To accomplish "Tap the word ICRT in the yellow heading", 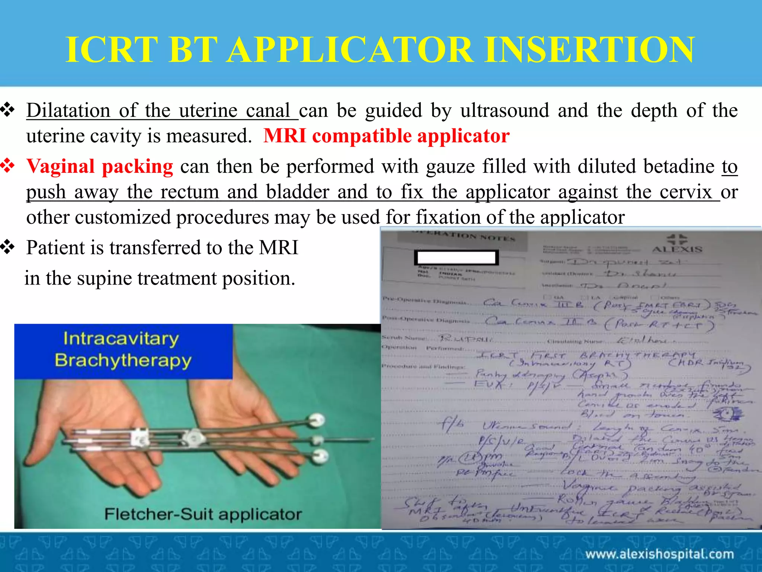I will tap(112, 50).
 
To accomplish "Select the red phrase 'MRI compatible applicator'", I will tap(386, 136).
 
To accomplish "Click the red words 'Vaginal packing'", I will tap(100, 166).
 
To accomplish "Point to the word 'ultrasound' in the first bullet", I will tap(505, 111).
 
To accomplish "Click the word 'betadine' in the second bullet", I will tap(679, 166).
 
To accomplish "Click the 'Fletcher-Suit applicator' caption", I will tap(203, 514).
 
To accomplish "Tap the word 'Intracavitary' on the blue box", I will tap(121, 339).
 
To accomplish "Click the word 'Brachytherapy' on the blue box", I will tap(123, 360).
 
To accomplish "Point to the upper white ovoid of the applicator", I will tap(317, 420).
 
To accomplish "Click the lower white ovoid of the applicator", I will tap(320, 455).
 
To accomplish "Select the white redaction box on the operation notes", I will tap(457, 257).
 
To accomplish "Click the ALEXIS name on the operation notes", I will tap(677, 249).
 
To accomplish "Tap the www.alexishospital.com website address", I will tap(659, 554).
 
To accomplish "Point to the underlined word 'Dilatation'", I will tap(68, 111).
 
